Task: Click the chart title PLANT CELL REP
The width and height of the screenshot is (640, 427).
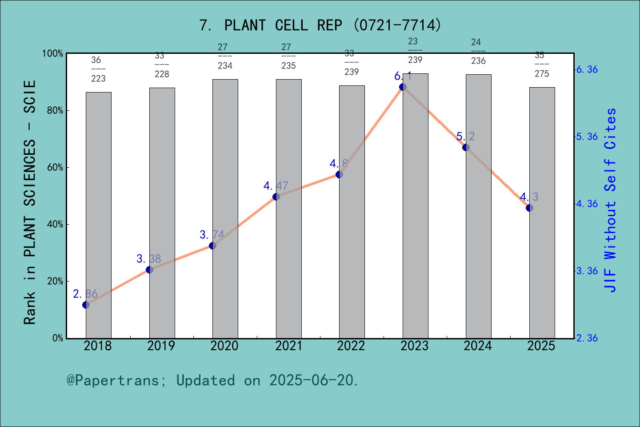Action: click(320, 25)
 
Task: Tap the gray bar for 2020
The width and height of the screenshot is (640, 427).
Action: click(225, 209)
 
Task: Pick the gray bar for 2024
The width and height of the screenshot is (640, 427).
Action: click(479, 206)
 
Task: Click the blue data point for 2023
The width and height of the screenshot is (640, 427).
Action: click(403, 87)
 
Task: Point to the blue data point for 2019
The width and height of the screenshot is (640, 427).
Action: click(149, 270)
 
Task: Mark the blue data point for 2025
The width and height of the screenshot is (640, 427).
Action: click(529, 208)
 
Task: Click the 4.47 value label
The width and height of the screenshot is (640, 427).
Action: click(276, 185)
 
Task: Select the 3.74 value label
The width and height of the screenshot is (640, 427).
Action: click(212, 234)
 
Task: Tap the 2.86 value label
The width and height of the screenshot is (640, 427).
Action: click(85, 294)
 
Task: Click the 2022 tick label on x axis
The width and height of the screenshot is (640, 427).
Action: click(351, 346)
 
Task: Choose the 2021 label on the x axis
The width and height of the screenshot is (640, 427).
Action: click(288, 346)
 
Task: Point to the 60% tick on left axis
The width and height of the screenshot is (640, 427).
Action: click(55, 168)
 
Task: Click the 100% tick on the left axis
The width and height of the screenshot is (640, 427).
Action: click(53, 53)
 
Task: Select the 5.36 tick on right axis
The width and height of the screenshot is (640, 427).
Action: click(587, 137)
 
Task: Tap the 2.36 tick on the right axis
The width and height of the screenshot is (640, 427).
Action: click(587, 338)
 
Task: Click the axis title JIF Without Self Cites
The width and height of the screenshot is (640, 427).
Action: click(611, 200)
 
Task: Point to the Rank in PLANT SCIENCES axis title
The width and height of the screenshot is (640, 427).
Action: click(30, 202)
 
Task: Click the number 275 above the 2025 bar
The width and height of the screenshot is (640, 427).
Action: click(542, 74)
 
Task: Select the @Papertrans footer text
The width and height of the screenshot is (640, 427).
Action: click(212, 380)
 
